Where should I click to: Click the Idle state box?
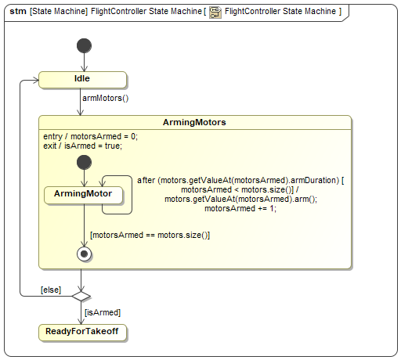(x=82, y=80)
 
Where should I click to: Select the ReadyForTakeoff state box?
(x=82, y=333)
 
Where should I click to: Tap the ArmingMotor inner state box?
(x=83, y=195)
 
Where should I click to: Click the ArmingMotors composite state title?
(x=194, y=122)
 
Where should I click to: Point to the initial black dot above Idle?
(x=84, y=45)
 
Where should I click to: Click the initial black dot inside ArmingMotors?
(x=84, y=162)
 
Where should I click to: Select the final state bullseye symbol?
(x=84, y=254)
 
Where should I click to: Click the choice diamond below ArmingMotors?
(x=81, y=297)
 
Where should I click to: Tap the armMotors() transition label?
(x=106, y=98)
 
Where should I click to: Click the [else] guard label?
(x=51, y=290)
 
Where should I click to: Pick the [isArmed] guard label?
(x=103, y=312)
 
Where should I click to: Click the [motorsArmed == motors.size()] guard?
(x=150, y=235)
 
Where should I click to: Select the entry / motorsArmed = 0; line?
(x=90, y=136)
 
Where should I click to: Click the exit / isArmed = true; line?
(x=82, y=146)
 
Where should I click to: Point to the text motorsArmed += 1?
(x=240, y=208)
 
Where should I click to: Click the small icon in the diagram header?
(x=215, y=13)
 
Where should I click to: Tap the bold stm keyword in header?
(x=18, y=11)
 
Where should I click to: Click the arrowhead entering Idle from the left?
(x=36, y=80)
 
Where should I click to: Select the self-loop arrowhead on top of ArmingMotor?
(x=103, y=183)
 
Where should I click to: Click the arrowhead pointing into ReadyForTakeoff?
(x=81, y=321)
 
